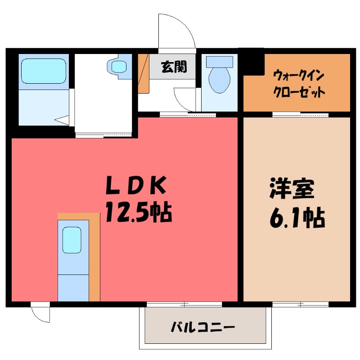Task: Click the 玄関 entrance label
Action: tap(174, 67)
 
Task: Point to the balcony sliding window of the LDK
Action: tap(184, 305)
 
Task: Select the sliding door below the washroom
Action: tap(104, 135)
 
